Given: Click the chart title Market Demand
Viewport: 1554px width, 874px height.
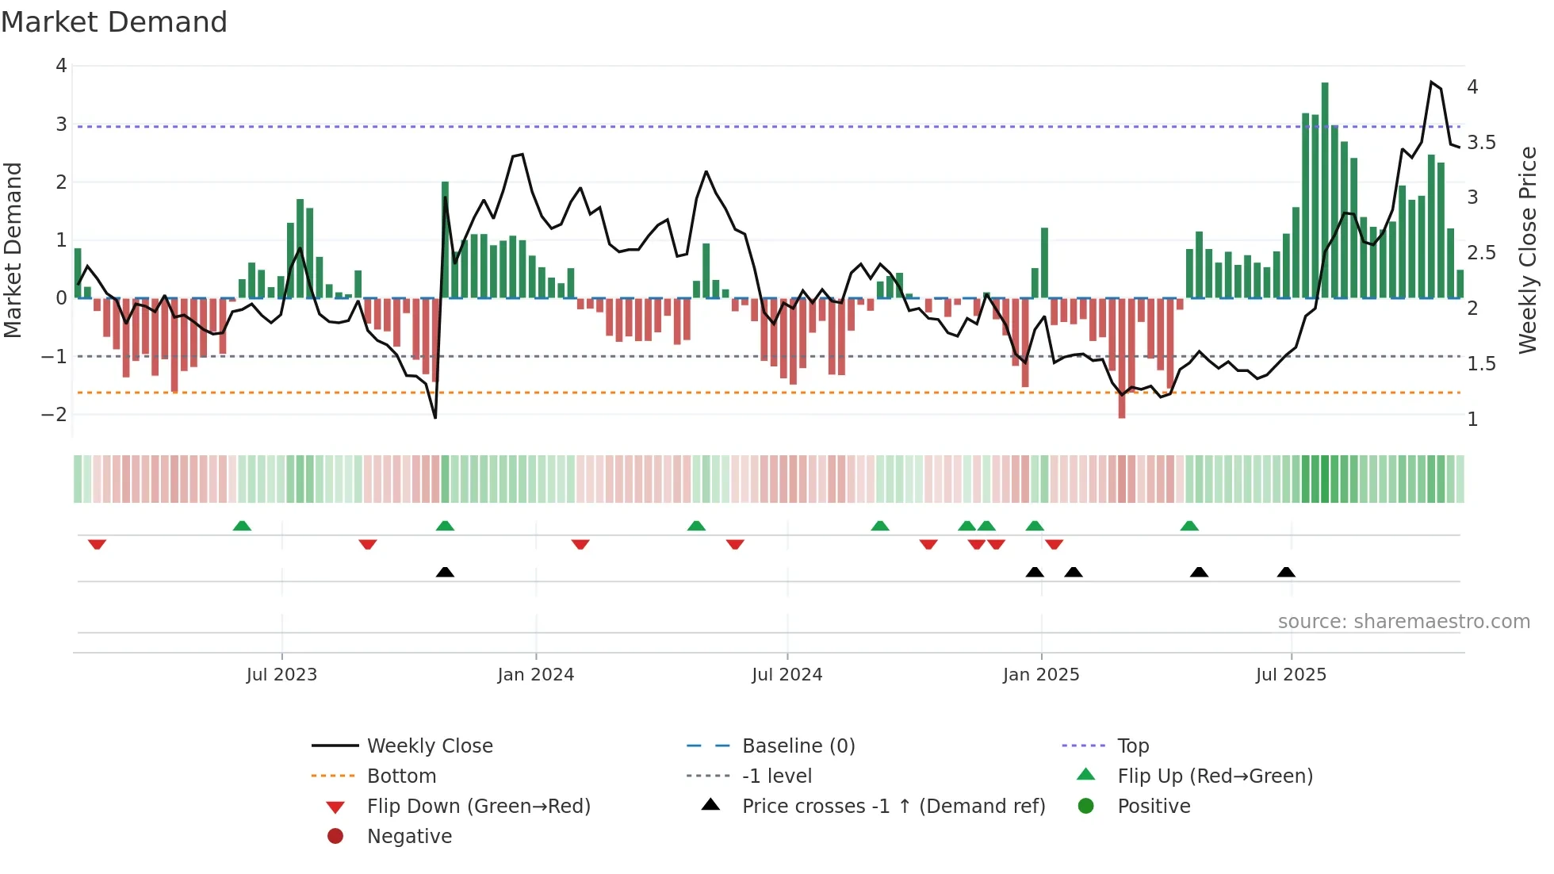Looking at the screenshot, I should coord(114,22).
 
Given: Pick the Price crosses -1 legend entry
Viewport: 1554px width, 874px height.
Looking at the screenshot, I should coord(893,806).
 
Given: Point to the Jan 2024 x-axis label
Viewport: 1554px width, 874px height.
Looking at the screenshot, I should coord(535,674).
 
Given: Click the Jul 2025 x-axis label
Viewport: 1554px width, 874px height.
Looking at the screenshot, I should coord(1290,674).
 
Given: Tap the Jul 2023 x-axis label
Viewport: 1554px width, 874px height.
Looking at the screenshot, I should coord(281,674).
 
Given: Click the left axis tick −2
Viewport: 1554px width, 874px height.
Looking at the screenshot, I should coord(54,414).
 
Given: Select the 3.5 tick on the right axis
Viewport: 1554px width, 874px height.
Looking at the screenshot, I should coord(1481,143).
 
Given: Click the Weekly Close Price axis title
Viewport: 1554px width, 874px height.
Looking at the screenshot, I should coord(1527,250).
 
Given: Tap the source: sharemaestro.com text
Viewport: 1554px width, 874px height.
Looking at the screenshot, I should coord(1403,621).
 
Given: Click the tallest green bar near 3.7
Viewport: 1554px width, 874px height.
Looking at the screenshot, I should coord(1325,190).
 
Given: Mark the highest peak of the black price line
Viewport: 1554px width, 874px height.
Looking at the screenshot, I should coord(1431,82).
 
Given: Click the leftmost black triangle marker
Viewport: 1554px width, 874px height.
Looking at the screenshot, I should coord(445,572).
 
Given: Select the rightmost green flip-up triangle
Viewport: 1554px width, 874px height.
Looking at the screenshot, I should coord(1188,526).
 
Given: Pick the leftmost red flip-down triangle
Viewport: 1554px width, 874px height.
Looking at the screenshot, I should coord(97,544).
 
